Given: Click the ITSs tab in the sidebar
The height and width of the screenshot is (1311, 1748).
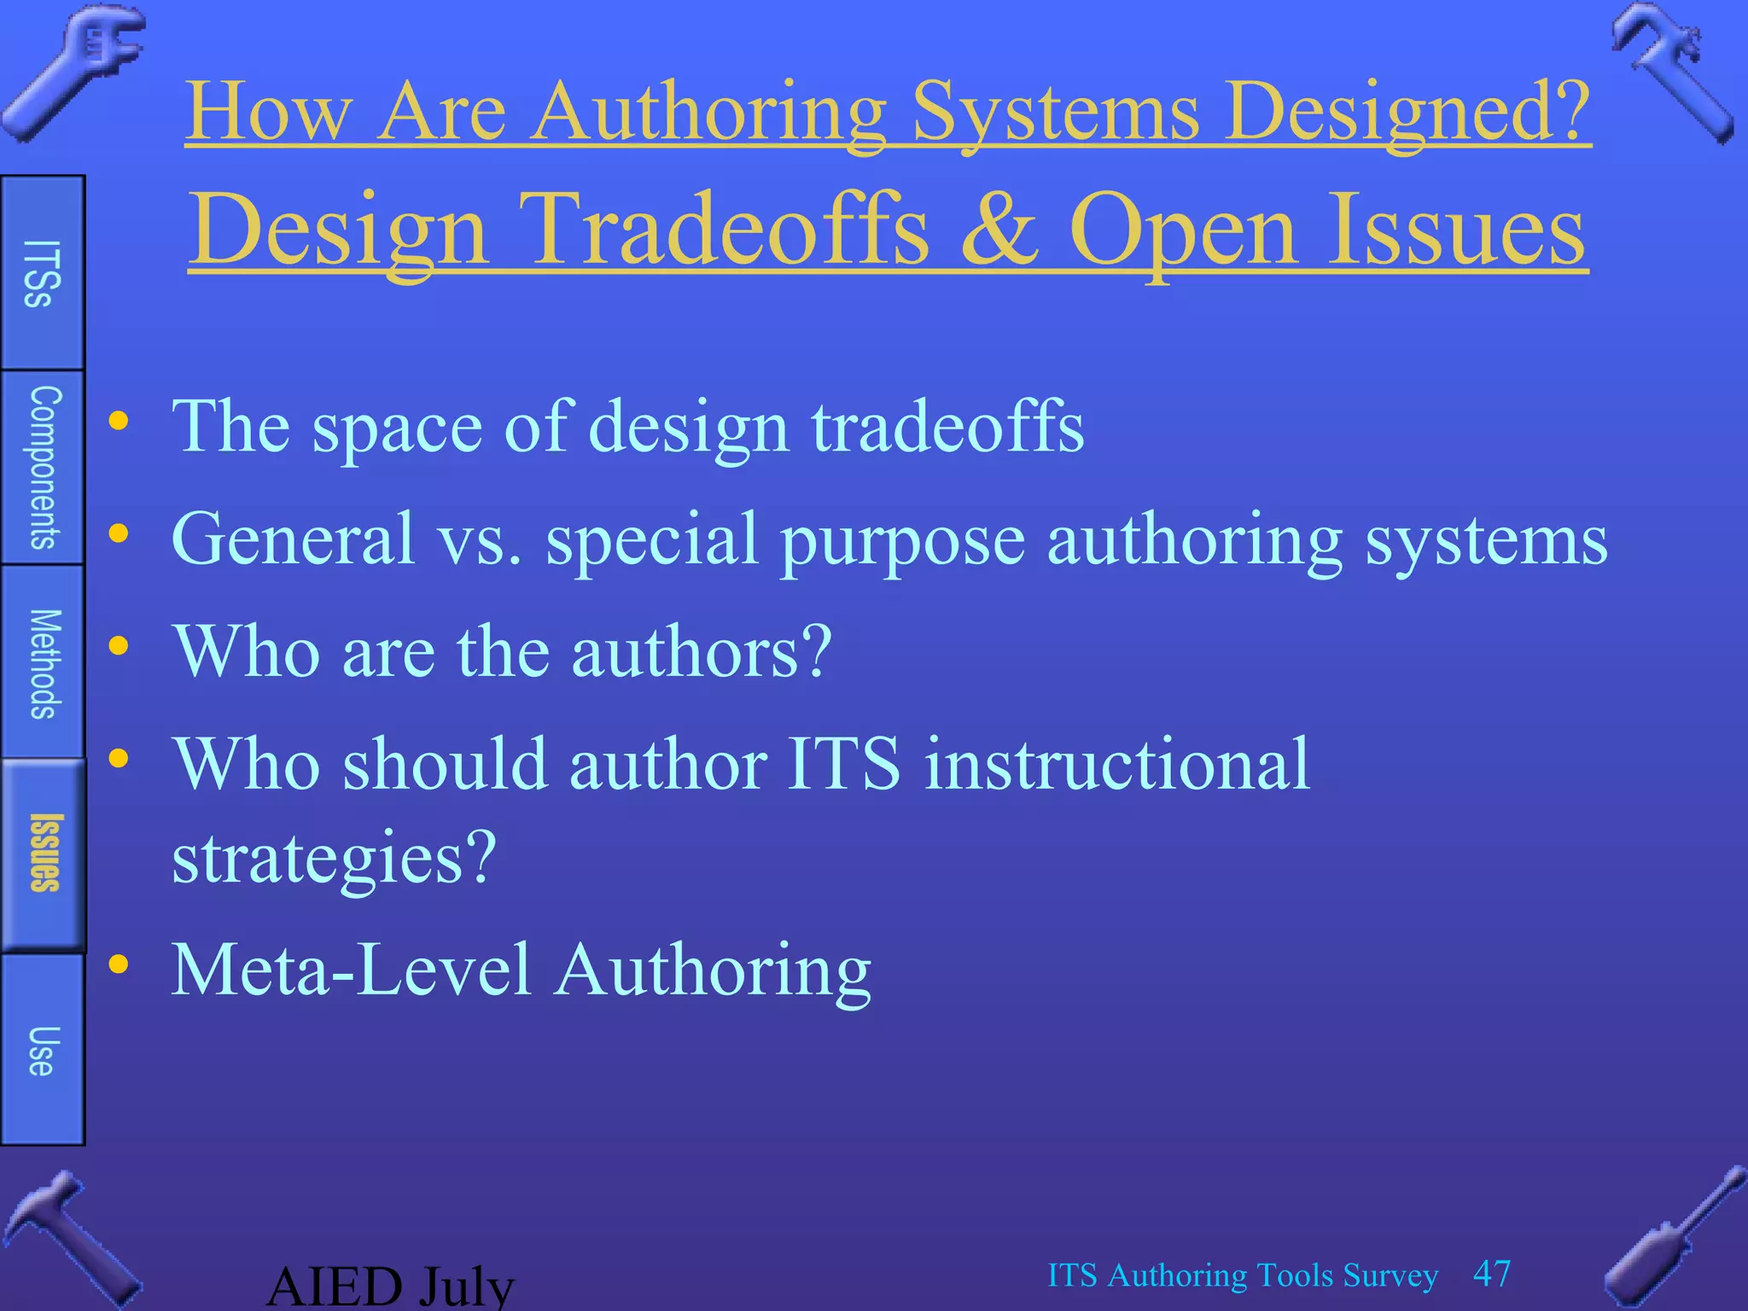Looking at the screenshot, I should coord(42,273).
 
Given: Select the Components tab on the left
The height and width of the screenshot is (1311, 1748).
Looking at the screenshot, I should coord(44,468).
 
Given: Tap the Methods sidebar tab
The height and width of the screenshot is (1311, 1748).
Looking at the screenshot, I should coord(44,663).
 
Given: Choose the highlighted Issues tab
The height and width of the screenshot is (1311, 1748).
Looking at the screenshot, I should coord(44,854).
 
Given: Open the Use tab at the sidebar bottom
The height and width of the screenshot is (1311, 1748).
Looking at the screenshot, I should coord(42,1050).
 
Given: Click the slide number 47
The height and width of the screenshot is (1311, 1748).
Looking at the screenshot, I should coord(1492,1273).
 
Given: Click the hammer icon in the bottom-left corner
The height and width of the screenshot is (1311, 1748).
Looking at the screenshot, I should coord(68,1238).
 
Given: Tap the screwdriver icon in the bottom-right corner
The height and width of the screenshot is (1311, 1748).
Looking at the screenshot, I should coord(1673,1238).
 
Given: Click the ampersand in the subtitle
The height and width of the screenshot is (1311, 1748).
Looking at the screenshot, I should coord(999,229).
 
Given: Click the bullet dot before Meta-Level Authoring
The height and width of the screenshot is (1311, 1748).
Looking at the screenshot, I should coord(119,964).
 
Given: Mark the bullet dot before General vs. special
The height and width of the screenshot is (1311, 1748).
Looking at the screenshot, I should coord(119,534).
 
